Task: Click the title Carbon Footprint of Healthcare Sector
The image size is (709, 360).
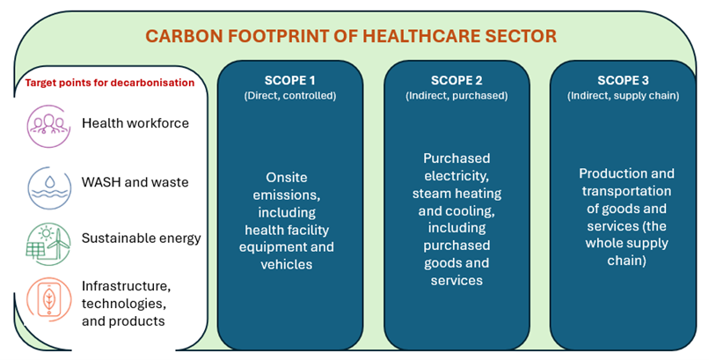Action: tap(350, 36)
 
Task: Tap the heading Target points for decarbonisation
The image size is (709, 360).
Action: tap(110, 83)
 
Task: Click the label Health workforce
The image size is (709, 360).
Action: tap(135, 123)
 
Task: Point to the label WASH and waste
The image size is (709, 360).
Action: tap(135, 182)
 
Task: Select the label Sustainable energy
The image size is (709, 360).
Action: tap(141, 238)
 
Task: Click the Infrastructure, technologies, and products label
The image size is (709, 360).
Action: tap(124, 303)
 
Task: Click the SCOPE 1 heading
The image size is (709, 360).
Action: tap(290, 80)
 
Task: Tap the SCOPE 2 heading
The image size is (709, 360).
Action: tap(457, 80)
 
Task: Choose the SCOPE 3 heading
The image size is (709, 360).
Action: tap(623, 80)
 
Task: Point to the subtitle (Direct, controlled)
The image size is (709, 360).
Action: tap(290, 95)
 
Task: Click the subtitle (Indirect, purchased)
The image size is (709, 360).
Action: tap(457, 95)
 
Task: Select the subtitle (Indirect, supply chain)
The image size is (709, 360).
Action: tap(623, 95)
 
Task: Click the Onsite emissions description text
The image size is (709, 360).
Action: tap(287, 221)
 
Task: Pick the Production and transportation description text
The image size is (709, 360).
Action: tap(625, 217)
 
